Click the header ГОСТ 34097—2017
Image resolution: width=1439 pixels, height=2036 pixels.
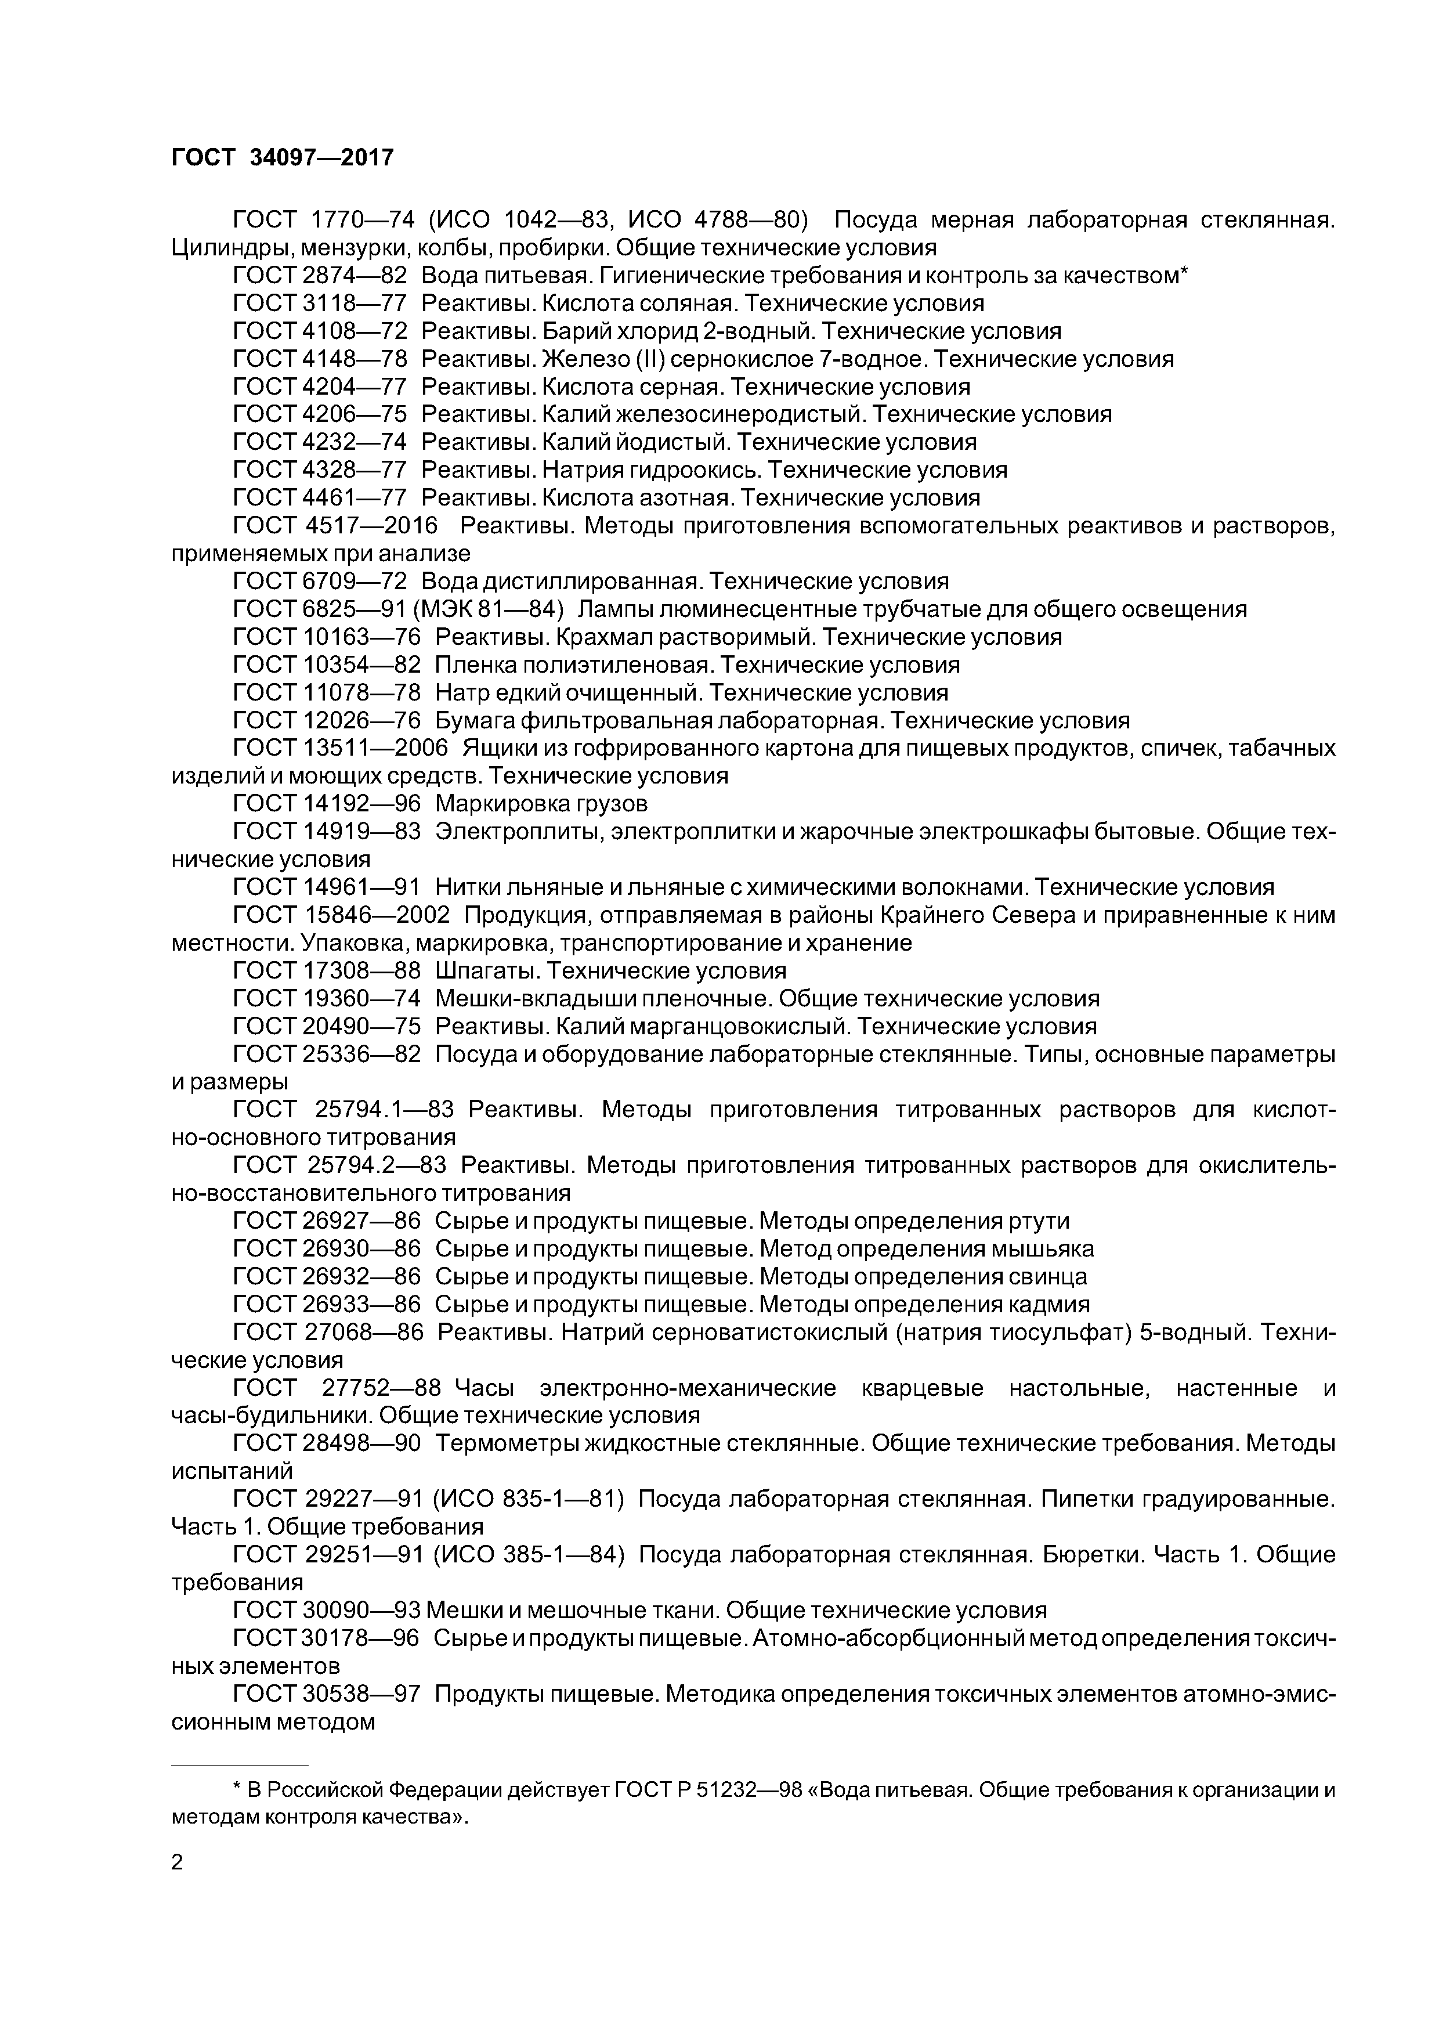[x=282, y=158]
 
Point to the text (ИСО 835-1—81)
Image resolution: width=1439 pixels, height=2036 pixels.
[x=529, y=1500]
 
